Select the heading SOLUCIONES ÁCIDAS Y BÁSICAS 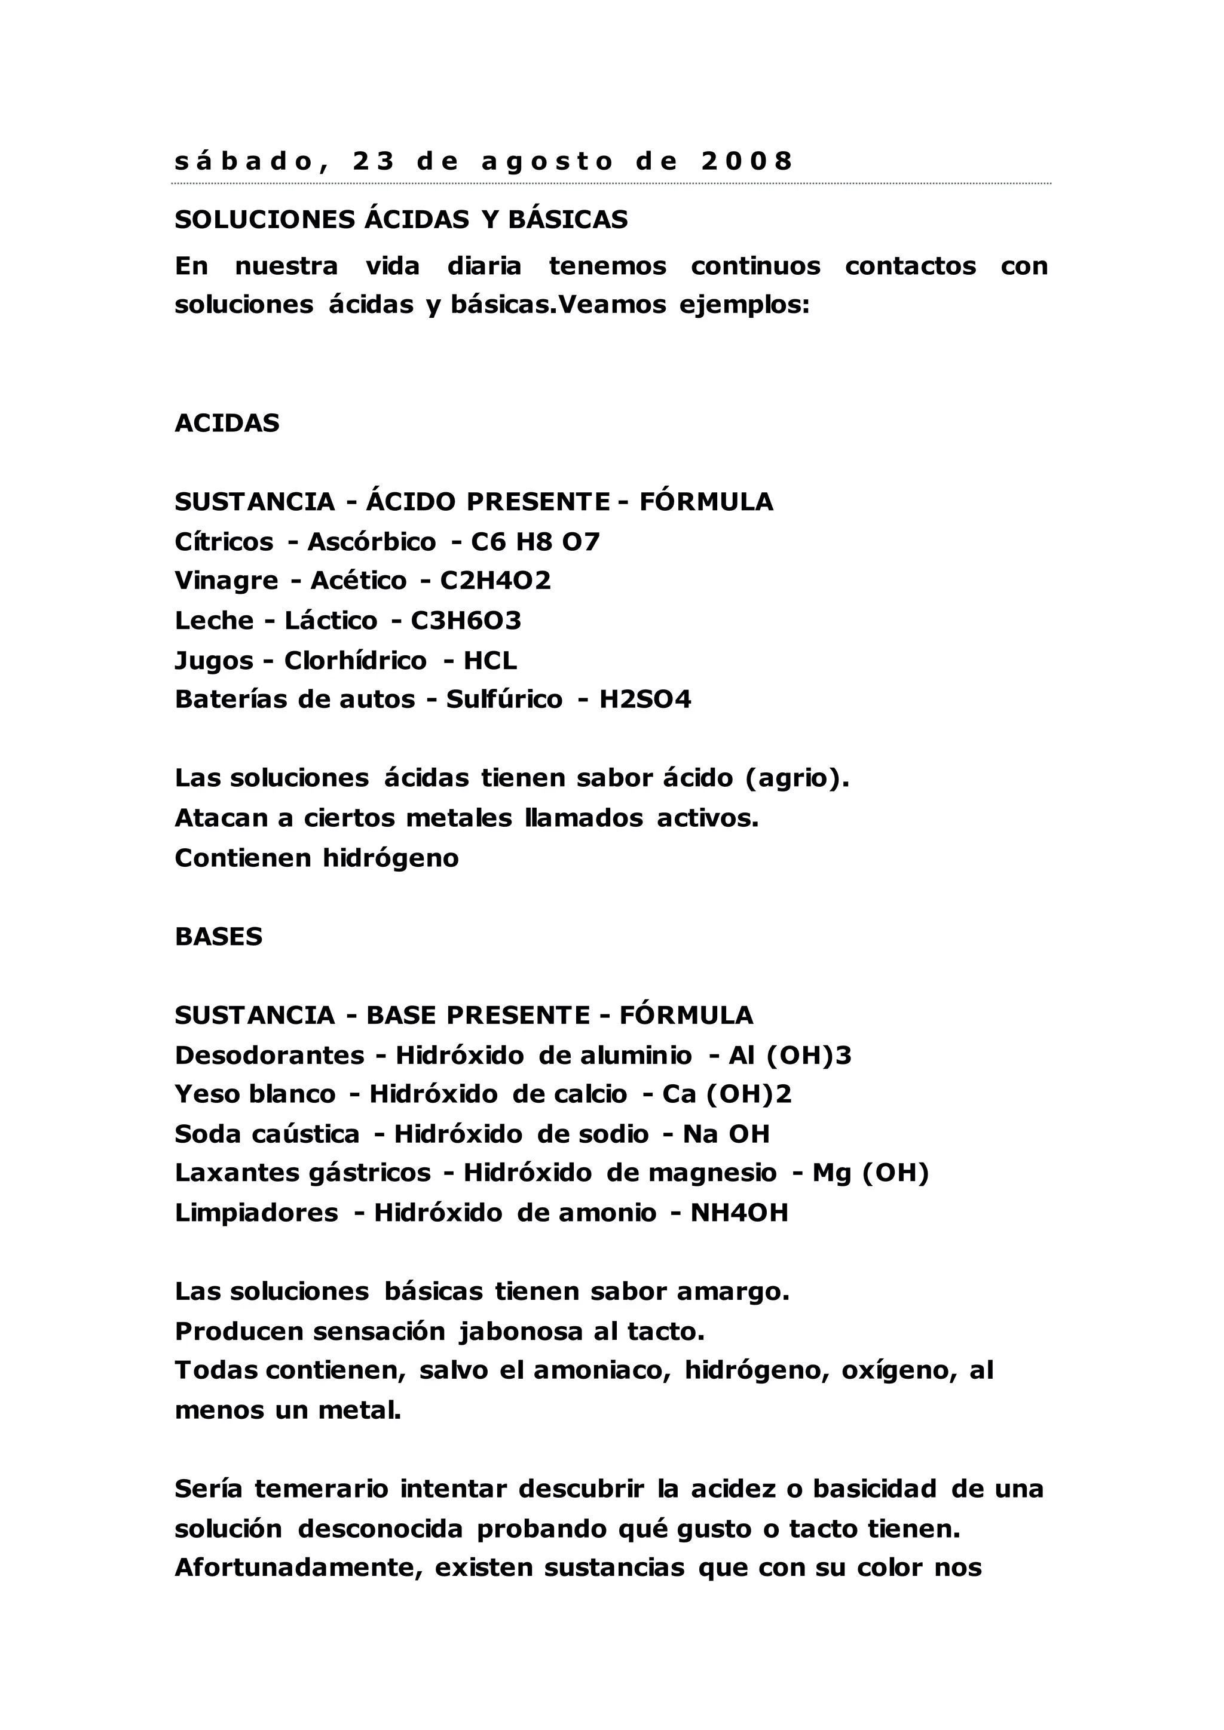401,219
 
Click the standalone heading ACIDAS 227,424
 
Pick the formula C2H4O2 495,580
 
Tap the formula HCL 490,660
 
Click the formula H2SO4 645,700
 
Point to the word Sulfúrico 504,700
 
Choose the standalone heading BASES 219,937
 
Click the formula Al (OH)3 790,1055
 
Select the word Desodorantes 270,1055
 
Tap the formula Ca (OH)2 727,1094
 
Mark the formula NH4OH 739,1212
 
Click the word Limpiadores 256,1212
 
